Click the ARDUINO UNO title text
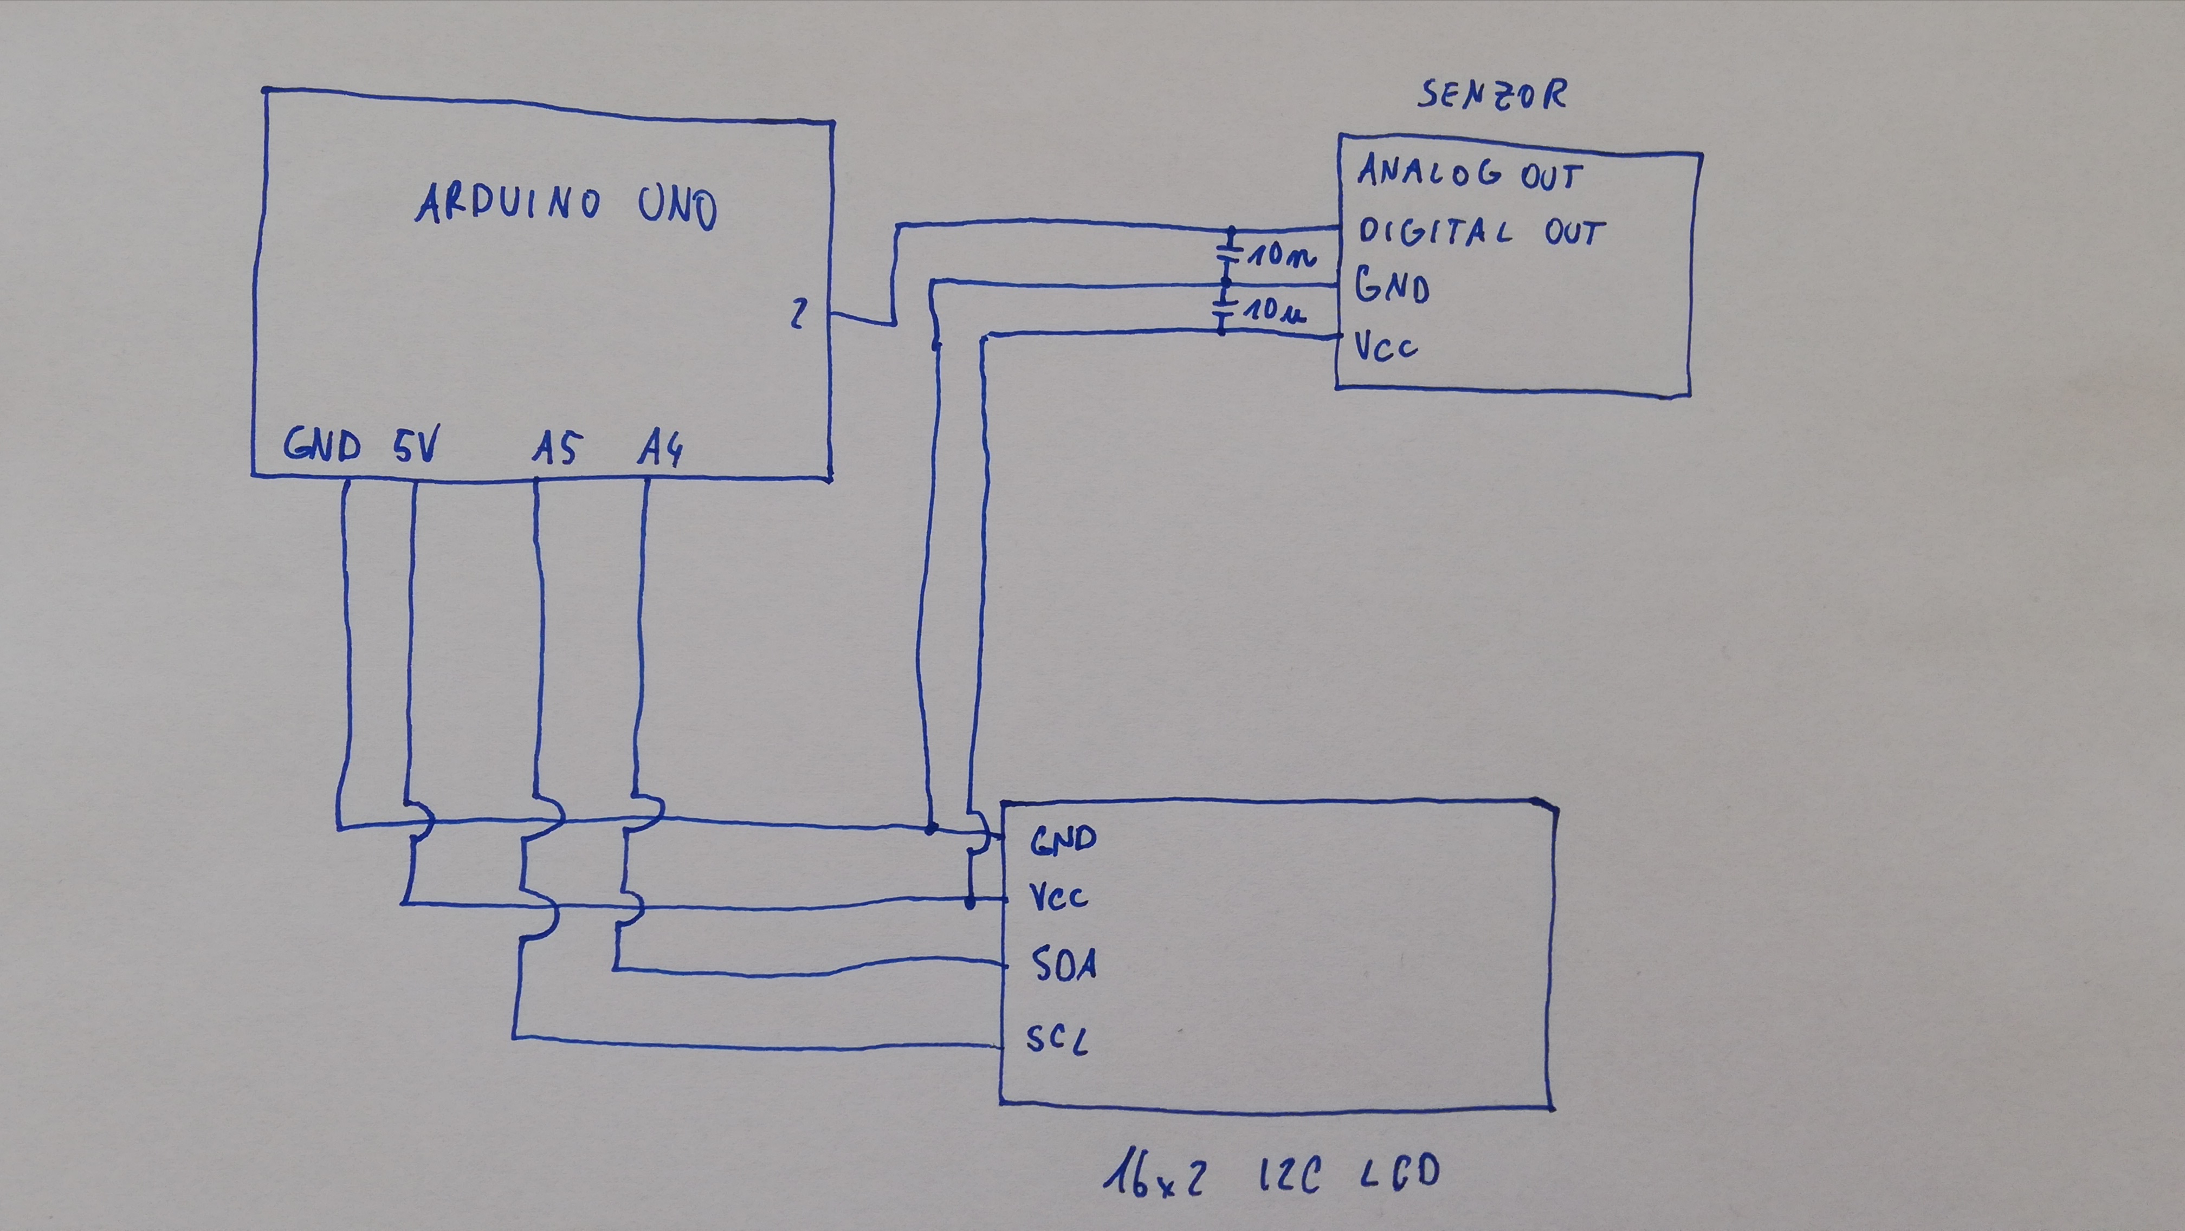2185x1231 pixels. click(x=566, y=205)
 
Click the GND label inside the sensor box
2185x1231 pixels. click(x=1392, y=286)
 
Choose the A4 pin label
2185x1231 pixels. click(x=660, y=449)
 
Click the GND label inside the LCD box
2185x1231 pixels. click(x=1063, y=839)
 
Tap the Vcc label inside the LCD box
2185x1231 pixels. click(x=1058, y=896)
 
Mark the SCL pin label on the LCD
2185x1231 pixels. click(x=1056, y=1039)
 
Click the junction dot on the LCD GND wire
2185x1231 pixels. click(x=930, y=828)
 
